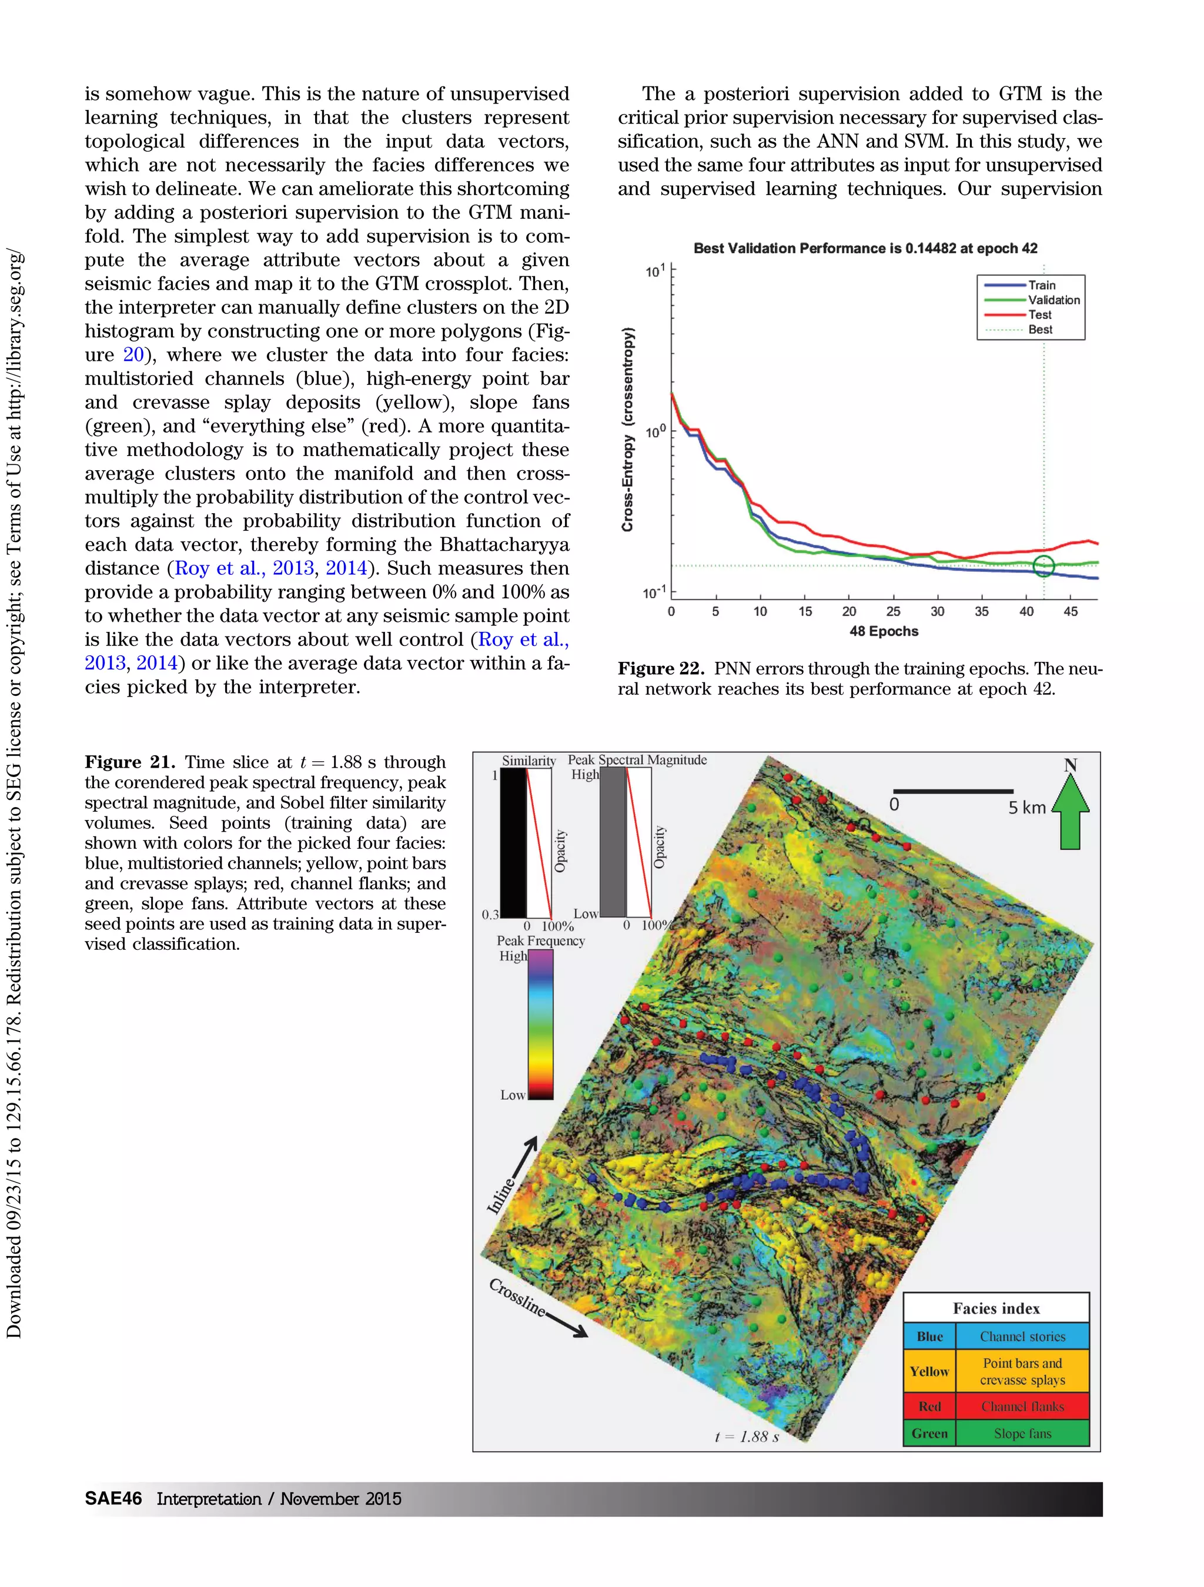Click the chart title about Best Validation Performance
coord(865,248)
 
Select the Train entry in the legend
coord(1041,285)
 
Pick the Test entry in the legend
coord(1040,314)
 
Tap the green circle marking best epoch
coord(1044,565)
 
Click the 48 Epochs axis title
coord(883,631)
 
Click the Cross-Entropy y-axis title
coord(628,429)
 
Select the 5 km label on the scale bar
coord(1027,807)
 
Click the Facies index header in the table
coord(996,1308)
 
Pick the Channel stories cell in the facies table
coord(1022,1336)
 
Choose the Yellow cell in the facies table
coord(929,1371)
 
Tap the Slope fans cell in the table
coord(1022,1434)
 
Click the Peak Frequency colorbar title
coord(540,940)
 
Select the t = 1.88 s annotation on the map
coord(746,1437)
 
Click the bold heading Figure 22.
coord(661,669)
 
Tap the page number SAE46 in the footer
coord(113,1498)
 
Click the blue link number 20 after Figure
coord(133,354)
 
